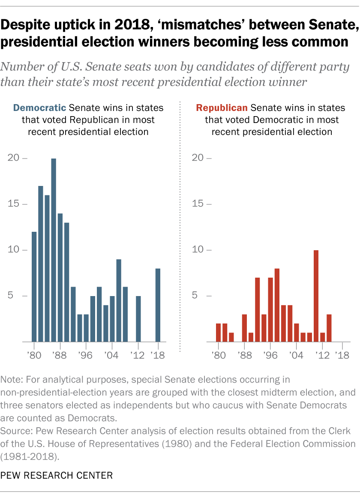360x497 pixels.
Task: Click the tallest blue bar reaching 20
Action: pyautogui.click(x=54, y=250)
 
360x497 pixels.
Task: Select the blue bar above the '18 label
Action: pyautogui.click(x=158, y=305)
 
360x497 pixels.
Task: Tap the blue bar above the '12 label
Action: pyautogui.click(x=138, y=319)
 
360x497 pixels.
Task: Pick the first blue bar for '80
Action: pyautogui.click(x=34, y=287)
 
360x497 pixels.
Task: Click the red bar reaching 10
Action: pyautogui.click(x=316, y=296)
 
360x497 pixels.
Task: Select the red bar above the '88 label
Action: pyautogui.click(x=244, y=328)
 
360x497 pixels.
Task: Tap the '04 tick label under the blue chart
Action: pyautogui.click(x=112, y=355)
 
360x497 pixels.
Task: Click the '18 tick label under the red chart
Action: pyautogui.click(x=342, y=355)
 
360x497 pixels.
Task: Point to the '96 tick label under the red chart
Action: pyautogui.click(x=270, y=355)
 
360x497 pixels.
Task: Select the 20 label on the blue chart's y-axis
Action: pyautogui.click(x=14, y=158)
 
